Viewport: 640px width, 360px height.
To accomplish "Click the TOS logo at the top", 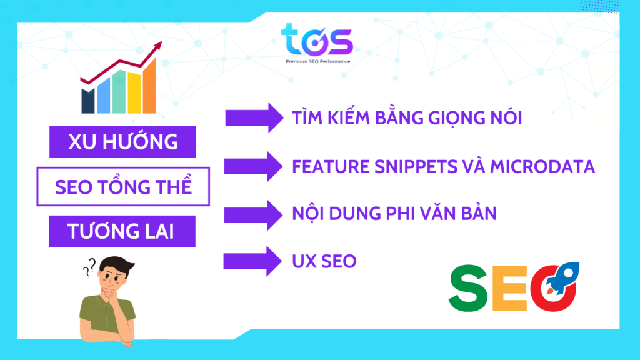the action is pos(317,40).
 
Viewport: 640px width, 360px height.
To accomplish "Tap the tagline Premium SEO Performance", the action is pos(318,62).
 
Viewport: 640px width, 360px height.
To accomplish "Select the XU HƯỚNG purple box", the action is pos(122,142).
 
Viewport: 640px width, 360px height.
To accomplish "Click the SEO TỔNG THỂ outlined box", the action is pos(123,186).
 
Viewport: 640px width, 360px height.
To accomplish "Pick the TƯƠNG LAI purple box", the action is pos(122,231).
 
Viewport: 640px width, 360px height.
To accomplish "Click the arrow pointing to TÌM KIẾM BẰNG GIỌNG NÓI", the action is pos(254,118).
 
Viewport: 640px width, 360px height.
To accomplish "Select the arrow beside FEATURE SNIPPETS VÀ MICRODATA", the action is pos(254,166).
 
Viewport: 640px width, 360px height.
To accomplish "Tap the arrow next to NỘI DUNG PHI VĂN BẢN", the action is pos(253,215).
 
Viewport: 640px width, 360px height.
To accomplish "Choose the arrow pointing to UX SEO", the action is pos(252,261).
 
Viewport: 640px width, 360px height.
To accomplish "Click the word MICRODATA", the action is pos(542,166).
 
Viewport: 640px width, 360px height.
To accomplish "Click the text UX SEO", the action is pos(324,261).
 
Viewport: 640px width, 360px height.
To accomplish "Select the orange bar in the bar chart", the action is pos(149,86).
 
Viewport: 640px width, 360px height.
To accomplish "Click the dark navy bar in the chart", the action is pos(87,101).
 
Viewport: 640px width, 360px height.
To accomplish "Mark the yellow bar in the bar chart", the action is pos(134,92).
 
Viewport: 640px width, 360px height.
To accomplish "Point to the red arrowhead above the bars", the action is pos(157,46).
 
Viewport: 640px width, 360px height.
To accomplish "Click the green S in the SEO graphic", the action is pos(467,288).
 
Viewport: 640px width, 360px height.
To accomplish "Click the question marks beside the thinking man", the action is pos(89,267).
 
